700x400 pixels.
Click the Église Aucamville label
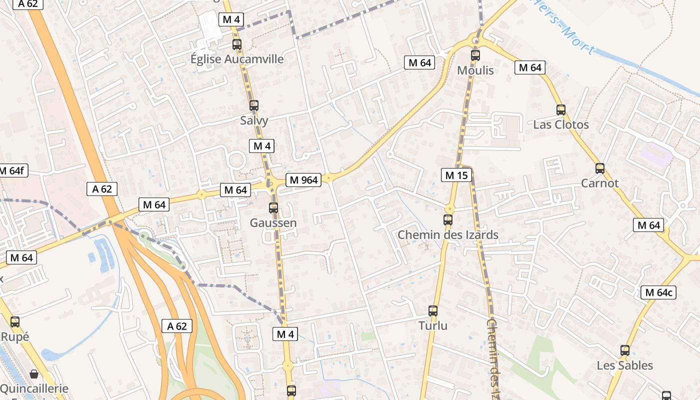coord(237,59)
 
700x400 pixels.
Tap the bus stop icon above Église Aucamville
coord(237,44)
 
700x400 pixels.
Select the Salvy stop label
coord(254,120)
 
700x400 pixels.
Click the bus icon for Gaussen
coord(273,208)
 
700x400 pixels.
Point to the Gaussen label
coord(273,223)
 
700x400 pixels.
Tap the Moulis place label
coord(475,70)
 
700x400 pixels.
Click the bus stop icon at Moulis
coord(475,55)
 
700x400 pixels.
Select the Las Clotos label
coord(561,124)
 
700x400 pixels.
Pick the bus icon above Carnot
coord(600,168)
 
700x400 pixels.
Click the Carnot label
coord(600,183)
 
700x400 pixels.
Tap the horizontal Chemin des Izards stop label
coord(448,234)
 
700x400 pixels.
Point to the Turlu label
coord(433,326)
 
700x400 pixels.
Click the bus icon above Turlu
coord(433,311)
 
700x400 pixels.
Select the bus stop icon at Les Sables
coord(625,350)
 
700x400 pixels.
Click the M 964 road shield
coord(303,180)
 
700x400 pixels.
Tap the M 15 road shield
coord(456,175)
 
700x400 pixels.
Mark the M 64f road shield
coord(12,170)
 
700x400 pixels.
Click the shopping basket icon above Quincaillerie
coord(34,374)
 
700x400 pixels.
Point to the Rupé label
coord(15,337)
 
